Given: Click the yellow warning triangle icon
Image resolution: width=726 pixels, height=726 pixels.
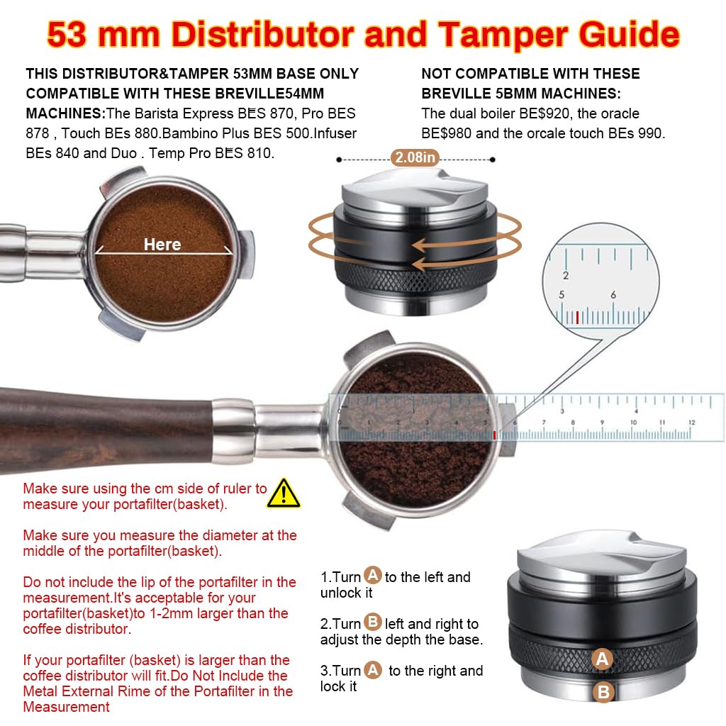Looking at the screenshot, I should click(284, 493).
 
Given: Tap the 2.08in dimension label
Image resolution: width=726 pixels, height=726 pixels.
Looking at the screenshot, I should click(415, 157).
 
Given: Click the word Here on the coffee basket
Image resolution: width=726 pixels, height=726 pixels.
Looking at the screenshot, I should click(162, 245).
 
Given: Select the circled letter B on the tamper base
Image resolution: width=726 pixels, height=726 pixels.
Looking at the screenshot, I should click(603, 692).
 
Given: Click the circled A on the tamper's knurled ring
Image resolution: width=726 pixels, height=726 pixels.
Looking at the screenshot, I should click(603, 659).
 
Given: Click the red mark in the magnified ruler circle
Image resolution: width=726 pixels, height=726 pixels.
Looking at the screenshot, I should click(578, 317).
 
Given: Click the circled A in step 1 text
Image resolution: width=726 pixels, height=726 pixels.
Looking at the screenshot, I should click(372, 575).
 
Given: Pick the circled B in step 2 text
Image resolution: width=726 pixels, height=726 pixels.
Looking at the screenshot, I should click(372, 622).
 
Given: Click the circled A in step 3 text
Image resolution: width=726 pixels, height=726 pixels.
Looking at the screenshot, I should click(373, 669).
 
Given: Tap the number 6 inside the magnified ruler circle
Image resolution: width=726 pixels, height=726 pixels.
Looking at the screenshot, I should click(613, 295).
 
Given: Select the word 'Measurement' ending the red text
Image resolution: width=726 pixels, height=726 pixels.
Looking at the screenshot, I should click(66, 707).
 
